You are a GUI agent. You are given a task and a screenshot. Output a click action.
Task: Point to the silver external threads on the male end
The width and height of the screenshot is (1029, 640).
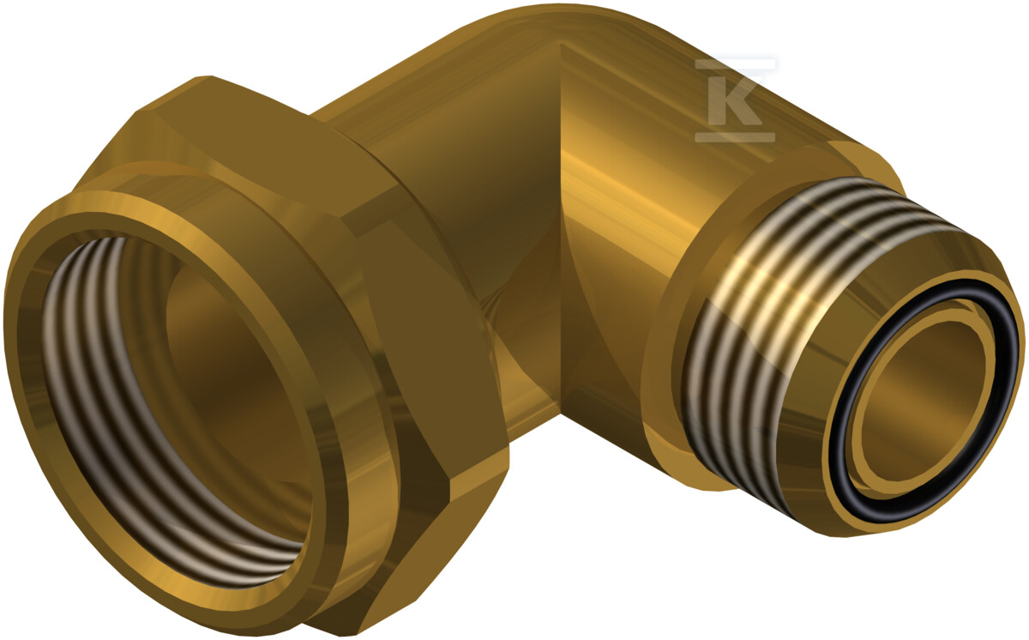coord(781,322)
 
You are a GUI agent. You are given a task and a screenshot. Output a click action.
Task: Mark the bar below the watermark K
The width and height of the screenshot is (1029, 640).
coord(735,137)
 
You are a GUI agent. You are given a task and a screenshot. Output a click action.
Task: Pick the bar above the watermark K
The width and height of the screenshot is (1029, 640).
coord(735,64)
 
